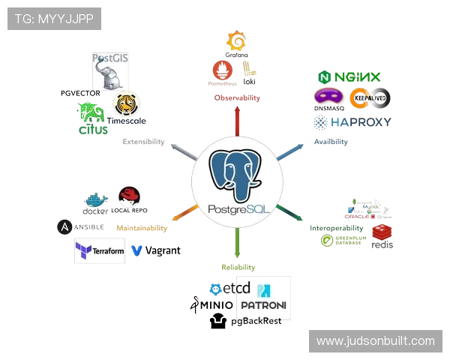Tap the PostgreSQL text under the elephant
pyautogui.click(x=237, y=209)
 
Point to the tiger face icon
pyautogui.click(x=125, y=103)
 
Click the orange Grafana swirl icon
pyautogui.click(x=237, y=43)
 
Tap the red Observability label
pyautogui.click(x=238, y=98)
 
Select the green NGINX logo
pyautogui.click(x=350, y=77)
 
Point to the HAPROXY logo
pyautogui.click(x=352, y=121)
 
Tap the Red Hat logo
pyautogui.click(x=130, y=197)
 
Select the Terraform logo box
pyautogui.click(x=100, y=250)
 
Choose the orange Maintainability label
pyautogui.click(x=141, y=227)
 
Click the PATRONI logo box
pyautogui.click(x=263, y=298)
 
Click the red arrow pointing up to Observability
pyautogui.click(x=238, y=120)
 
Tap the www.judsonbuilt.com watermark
pyautogui.click(x=374, y=341)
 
